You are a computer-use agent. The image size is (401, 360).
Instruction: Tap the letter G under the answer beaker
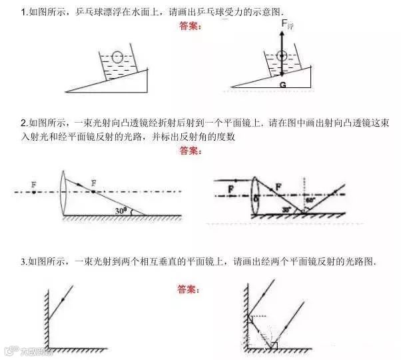282,85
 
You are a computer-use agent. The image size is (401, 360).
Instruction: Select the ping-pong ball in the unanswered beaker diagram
118,57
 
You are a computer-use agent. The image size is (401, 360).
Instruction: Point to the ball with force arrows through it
282,56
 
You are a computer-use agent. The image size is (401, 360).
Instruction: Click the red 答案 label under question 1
193,27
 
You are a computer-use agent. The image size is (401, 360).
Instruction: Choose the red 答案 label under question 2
193,151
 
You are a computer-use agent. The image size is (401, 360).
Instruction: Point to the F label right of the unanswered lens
93,182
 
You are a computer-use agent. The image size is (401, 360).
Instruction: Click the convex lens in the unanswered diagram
63,191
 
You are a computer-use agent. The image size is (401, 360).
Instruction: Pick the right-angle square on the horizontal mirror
274,345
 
